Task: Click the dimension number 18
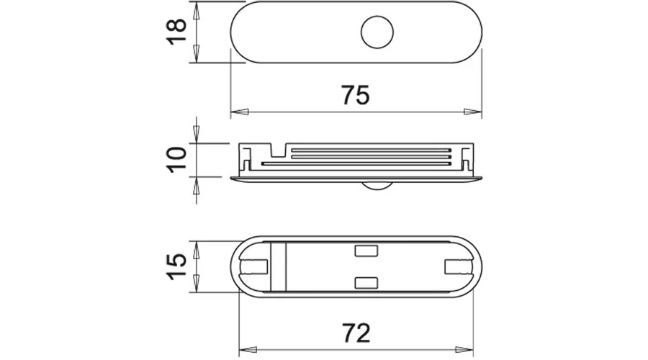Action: click(176, 32)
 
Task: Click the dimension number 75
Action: click(356, 95)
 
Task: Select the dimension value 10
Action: click(176, 160)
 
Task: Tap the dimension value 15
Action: click(176, 267)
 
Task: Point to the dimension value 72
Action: click(356, 333)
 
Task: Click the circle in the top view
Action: click(377, 32)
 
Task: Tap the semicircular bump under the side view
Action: click(377, 186)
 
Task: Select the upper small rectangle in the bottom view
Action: click(366, 251)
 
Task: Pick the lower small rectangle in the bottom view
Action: click(366, 283)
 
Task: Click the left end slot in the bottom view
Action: click(254, 266)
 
